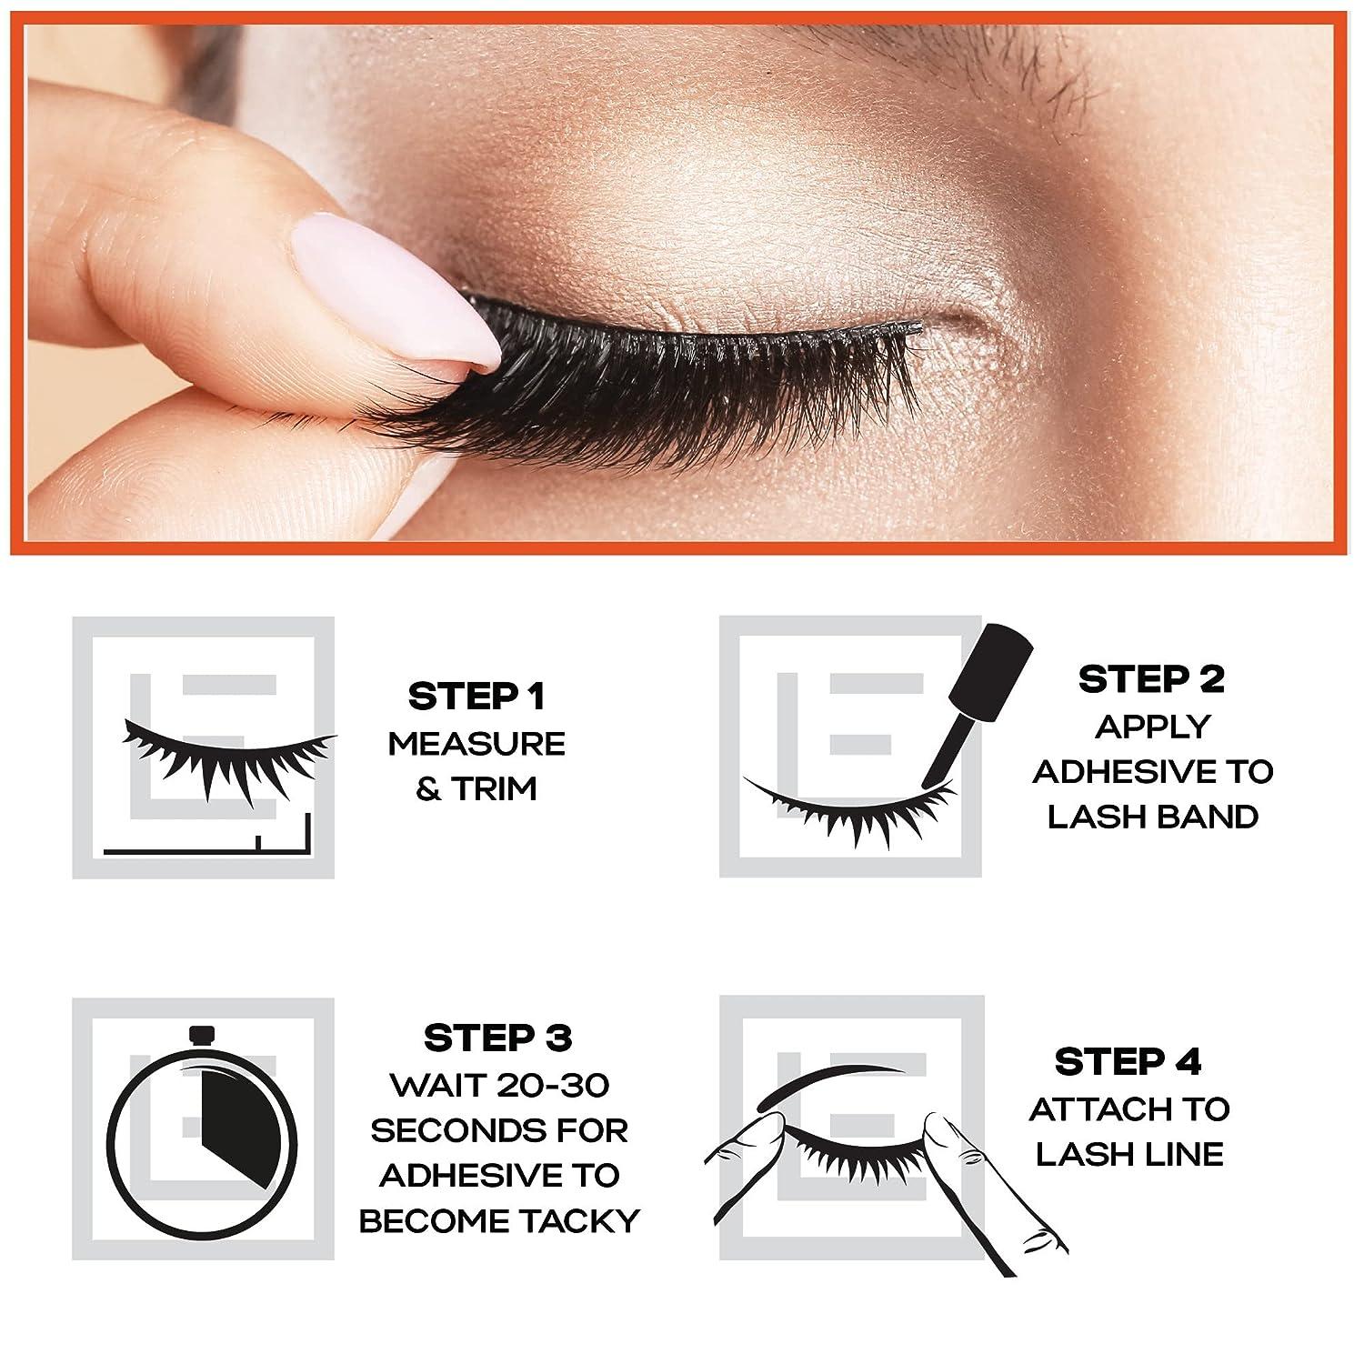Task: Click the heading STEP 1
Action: coord(476,697)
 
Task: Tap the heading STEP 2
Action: coord(1151,679)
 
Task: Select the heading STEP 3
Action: coord(498,1038)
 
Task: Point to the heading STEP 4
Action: coord(1128,1061)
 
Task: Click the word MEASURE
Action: coord(476,744)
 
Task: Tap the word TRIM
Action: coord(496,789)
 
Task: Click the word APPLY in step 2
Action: coord(1152,726)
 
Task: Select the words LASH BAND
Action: coord(1152,817)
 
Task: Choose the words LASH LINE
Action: coord(1128,1154)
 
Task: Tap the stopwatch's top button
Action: coord(203,1036)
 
